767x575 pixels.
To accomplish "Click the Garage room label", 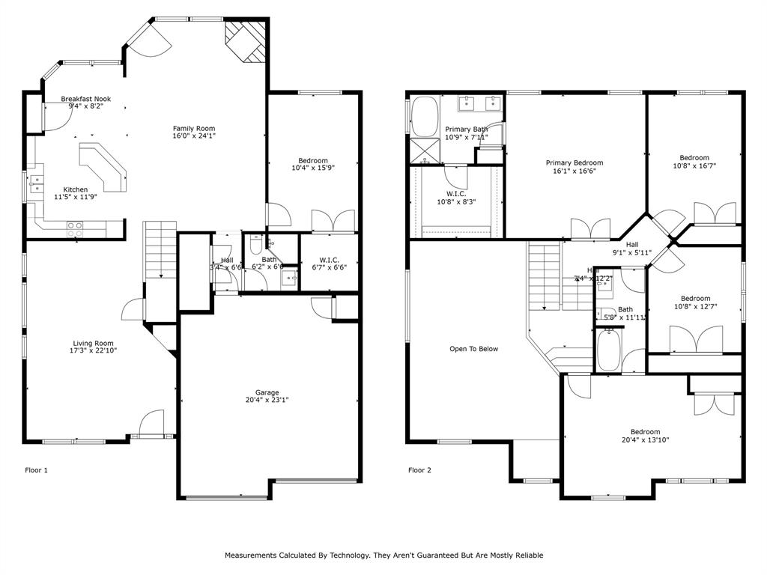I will point(267,392).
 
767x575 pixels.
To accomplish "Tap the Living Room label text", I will point(94,344).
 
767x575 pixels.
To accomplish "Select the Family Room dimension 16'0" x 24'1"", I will point(194,136).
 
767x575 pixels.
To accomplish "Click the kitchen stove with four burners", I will point(75,229).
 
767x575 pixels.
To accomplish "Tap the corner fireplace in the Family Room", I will point(246,42).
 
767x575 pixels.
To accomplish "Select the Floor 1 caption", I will point(37,470).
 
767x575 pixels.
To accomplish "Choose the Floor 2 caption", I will point(419,470).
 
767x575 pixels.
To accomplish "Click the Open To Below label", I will point(473,349).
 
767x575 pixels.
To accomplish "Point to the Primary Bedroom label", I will point(574,162).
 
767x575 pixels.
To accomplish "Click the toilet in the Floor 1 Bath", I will point(256,244).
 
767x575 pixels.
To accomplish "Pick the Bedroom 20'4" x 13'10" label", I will point(645,432).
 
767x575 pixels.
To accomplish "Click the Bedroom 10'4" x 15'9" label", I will point(313,160).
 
